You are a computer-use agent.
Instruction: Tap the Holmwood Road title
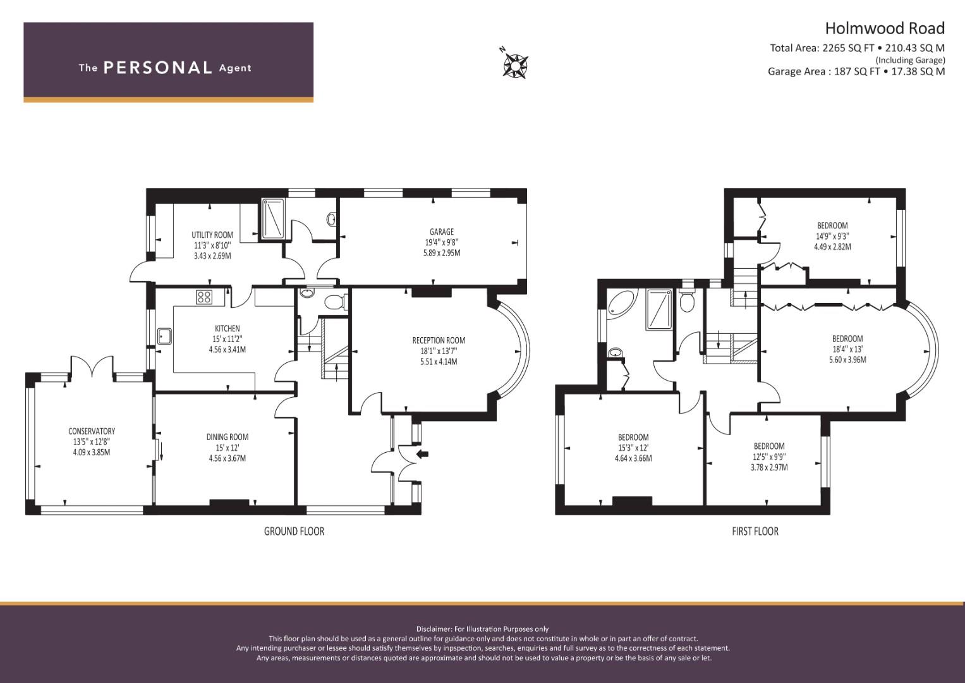[885, 28]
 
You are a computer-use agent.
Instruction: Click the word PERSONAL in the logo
[158, 68]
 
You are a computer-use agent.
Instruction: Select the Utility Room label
[212, 235]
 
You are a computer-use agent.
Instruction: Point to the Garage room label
[442, 232]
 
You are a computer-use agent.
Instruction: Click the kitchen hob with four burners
[203, 297]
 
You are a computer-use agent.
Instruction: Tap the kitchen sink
[164, 336]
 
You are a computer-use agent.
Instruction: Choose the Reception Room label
[439, 341]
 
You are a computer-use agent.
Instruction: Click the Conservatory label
[92, 431]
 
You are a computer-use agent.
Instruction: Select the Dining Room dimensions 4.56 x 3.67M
[228, 458]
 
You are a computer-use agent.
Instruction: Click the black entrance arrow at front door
[423, 453]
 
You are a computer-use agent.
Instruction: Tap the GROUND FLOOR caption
[294, 531]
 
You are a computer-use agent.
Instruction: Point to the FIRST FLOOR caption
[755, 531]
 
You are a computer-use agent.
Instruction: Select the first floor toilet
[687, 300]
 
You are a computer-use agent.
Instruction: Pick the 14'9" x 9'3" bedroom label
[832, 237]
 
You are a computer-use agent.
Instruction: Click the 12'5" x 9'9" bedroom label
[769, 457]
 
